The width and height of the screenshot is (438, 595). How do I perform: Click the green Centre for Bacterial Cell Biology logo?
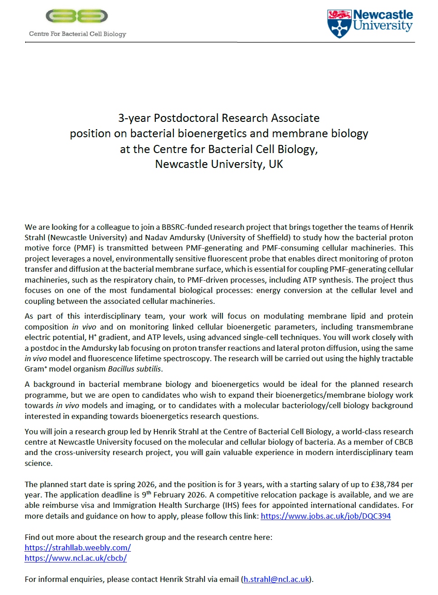point(77,16)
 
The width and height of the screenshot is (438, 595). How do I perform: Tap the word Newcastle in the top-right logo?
point(383,15)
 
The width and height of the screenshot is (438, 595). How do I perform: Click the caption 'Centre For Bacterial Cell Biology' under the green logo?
point(78,34)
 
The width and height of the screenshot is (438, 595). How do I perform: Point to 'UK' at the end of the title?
point(275,164)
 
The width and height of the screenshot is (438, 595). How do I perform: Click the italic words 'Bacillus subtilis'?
point(135,369)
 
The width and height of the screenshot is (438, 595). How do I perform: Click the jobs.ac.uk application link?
point(326,516)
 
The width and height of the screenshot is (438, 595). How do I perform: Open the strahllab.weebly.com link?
point(78,548)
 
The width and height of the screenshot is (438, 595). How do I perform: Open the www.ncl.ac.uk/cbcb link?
point(75,558)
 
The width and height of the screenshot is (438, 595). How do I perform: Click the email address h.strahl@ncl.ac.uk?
point(276,579)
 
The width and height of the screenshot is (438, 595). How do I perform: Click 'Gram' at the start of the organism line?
point(34,369)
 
